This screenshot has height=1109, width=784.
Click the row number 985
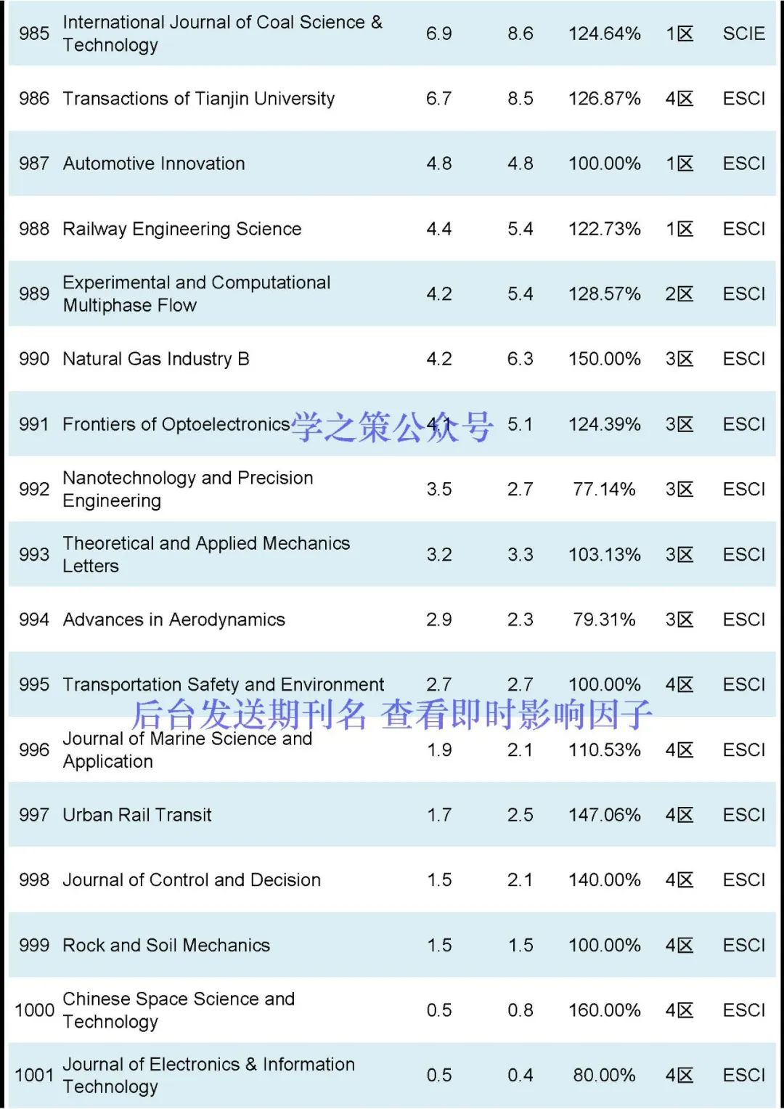[34, 33]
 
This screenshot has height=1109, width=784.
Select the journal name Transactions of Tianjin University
[198, 99]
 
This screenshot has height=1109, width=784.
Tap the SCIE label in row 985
[743, 33]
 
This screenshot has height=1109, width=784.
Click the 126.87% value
[604, 99]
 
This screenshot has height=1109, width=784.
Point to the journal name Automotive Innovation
[154, 164]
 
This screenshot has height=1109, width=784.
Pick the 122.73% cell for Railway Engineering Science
[604, 229]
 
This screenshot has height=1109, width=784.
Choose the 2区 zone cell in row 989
[679, 294]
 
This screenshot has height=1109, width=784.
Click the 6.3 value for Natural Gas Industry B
[520, 359]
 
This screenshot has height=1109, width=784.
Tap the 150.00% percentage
[604, 359]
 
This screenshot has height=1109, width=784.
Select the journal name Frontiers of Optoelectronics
[176, 424]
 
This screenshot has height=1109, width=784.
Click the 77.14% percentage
[604, 489]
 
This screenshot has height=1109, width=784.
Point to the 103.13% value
[604, 555]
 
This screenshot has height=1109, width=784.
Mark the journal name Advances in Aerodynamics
[173, 620]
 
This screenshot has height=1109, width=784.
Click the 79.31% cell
[604, 620]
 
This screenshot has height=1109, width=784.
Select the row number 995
[34, 685]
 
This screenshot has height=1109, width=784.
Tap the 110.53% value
[604, 750]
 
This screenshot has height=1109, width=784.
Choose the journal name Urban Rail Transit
[137, 815]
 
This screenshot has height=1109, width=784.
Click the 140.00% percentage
[604, 880]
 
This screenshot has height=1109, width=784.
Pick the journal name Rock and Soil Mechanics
[166, 946]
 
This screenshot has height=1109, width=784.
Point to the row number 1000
[34, 1010]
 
